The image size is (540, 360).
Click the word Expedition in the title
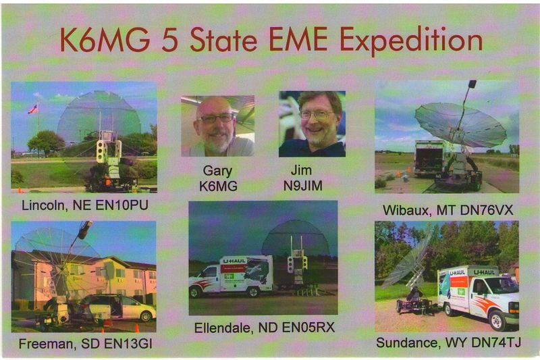click(x=411, y=41)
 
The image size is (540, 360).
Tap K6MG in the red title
click(x=105, y=40)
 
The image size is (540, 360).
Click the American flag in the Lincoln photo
click(x=32, y=109)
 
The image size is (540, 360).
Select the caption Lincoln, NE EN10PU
click(x=85, y=205)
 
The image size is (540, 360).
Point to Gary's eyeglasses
click(x=215, y=118)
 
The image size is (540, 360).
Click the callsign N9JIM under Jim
click(x=303, y=186)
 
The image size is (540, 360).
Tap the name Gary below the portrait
click(x=217, y=171)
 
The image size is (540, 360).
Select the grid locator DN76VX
click(x=487, y=210)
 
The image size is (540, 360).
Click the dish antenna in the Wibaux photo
click(x=460, y=125)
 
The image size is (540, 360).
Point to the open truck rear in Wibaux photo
click(x=429, y=159)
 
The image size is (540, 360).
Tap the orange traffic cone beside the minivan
click(x=138, y=328)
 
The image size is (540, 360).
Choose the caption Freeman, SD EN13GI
click(x=86, y=344)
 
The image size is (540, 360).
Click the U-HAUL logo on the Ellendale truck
click(x=235, y=261)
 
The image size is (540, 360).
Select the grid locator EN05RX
click(x=308, y=328)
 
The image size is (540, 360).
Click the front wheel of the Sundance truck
click(x=496, y=320)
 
